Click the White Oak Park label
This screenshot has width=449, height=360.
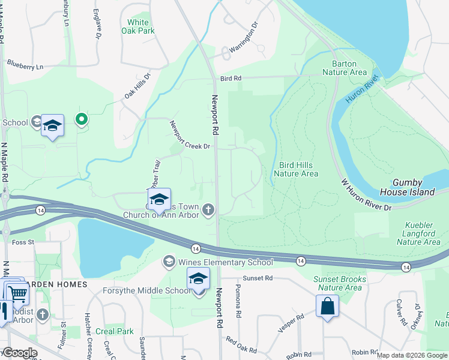coord(138,26)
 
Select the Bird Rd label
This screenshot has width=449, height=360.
coord(230,78)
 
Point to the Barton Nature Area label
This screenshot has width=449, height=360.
coord(344,68)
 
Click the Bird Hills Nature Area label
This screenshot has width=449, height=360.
coord(295,169)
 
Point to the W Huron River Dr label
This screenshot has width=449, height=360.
coord(366,194)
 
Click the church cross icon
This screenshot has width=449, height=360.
coord(208,209)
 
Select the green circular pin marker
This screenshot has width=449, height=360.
coord(82,119)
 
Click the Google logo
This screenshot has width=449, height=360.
coord(19,353)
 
